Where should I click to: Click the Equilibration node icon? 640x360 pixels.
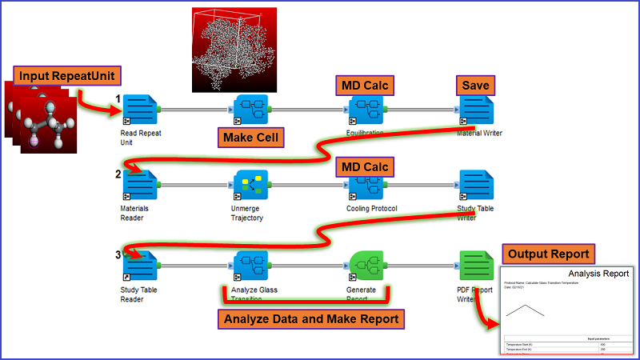point(366,109)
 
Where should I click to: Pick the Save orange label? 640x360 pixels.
point(474,84)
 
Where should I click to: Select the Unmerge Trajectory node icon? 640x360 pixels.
point(250,186)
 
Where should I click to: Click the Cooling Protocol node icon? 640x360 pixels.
point(366,186)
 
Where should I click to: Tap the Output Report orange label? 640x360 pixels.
point(548,254)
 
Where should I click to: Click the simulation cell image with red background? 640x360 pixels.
point(234,50)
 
